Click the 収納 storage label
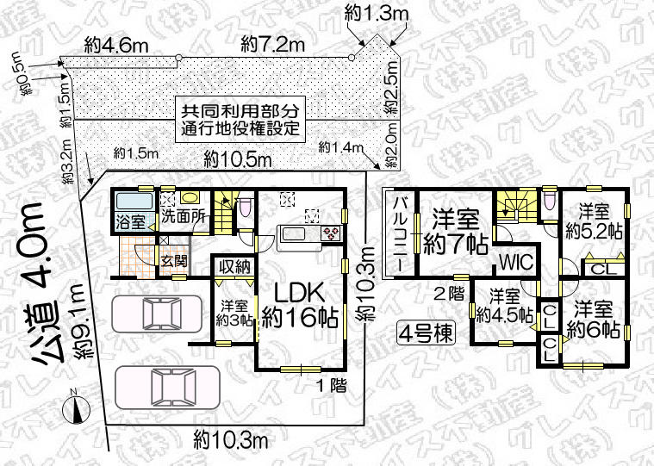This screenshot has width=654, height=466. coord(234,267)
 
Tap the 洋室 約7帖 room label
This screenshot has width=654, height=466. coord(455,232)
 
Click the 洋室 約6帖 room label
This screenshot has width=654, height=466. coord(595,318)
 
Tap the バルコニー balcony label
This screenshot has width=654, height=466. coord(401,233)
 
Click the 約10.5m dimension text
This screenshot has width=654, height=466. coord(239,159)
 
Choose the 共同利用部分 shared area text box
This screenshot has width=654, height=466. coord(240,121)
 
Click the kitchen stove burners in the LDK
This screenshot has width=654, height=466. coord(332,232)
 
